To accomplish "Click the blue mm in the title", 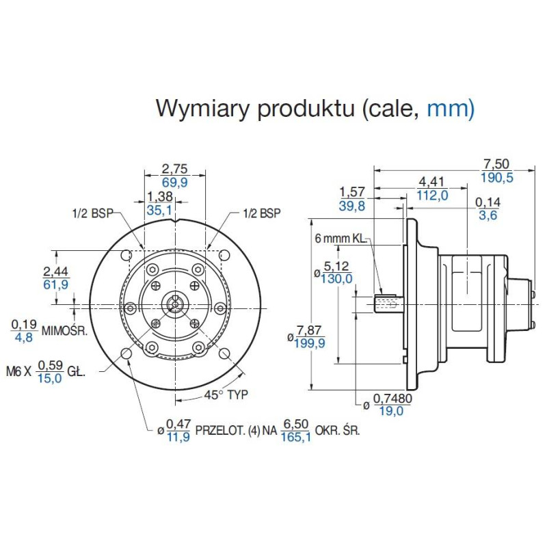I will pos(449,108).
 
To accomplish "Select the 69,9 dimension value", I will pos(174,183).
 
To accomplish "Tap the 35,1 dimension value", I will pos(159,211).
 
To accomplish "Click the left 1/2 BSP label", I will pos(92,213).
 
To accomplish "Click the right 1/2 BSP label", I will pos(261,213).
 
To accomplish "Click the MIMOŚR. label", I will pos(65,331).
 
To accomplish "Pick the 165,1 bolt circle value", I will pos(295,437).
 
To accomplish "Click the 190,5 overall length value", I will pos(498,178).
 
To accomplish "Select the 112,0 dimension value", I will pos(432,196).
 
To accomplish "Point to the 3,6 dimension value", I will pos(488,215).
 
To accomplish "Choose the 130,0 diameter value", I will pos(338,278).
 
